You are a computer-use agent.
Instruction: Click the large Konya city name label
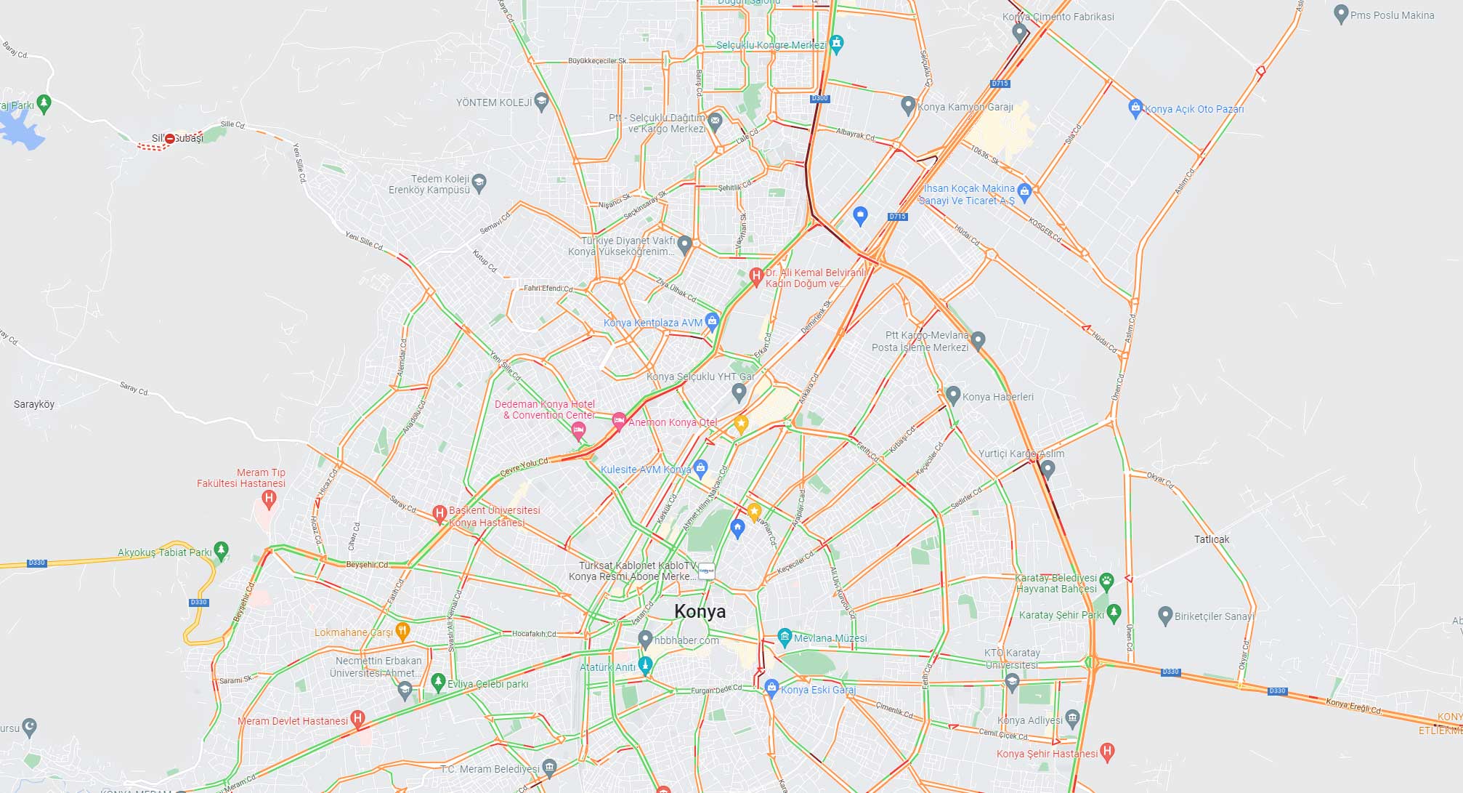coord(700,611)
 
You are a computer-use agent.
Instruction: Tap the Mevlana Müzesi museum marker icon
coord(784,637)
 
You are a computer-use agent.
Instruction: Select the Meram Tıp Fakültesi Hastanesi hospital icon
coord(269,499)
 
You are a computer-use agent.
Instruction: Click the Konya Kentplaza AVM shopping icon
coord(712,321)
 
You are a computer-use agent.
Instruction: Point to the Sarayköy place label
coord(34,404)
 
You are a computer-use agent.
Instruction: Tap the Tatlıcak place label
coord(1212,539)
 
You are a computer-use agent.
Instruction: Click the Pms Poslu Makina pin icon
coord(1341,14)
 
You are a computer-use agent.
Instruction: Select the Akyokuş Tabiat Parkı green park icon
coord(222,550)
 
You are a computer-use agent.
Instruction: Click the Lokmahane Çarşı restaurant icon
coord(402,630)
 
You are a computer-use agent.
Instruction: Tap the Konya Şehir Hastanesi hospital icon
coord(1107,752)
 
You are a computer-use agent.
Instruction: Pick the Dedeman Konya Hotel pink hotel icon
coord(578,430)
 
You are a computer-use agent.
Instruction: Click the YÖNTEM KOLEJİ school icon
coord(540,101)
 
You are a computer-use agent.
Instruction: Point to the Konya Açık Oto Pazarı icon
coord(1135,108)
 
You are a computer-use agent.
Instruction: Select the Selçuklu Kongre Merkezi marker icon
coord(836,44)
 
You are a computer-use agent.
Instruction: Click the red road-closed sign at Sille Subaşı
coord(169,138)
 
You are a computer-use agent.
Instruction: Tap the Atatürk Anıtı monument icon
coord(644,664)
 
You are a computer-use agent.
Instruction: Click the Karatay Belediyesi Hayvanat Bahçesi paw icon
coord(1106,581)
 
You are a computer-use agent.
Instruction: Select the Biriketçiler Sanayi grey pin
coord(1164,615)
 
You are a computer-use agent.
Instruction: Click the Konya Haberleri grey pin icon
coord(953,395)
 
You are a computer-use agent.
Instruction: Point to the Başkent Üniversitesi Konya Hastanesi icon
coord(439,514)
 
